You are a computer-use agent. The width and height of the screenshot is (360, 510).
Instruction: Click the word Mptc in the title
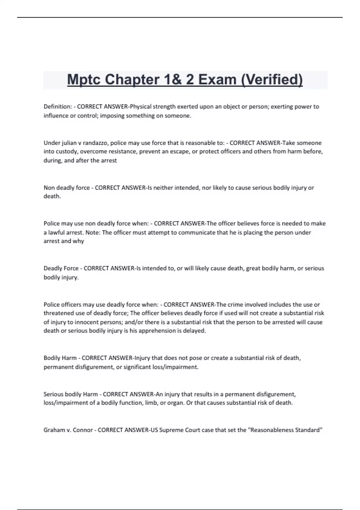click(x=84, y=80)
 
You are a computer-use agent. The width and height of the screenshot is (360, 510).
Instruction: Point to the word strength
click(x=164, y=106)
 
